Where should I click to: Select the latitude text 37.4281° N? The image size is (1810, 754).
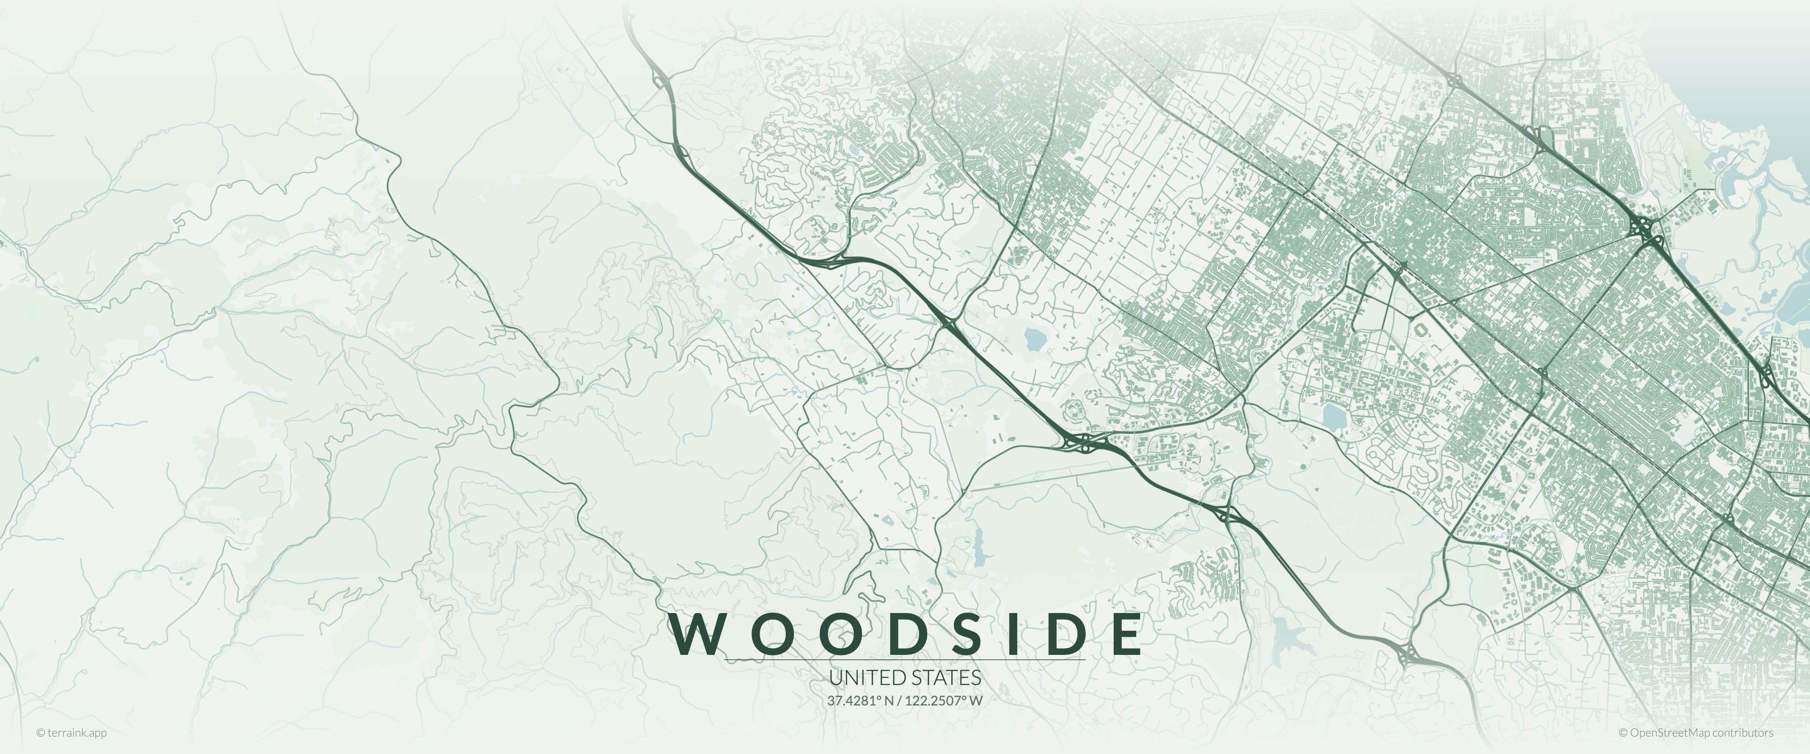(x=861, y=700)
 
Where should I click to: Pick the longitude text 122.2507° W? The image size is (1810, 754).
(x=944, y=700)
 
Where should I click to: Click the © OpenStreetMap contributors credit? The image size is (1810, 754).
(x=1696, y=733)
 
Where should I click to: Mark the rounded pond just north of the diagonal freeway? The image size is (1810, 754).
(x=1035, y=340)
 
